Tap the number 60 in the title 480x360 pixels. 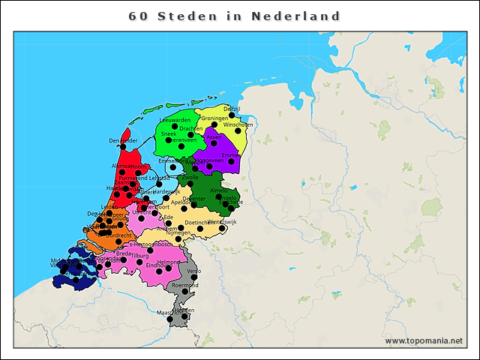point(138,16)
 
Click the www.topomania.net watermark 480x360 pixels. point(423,341)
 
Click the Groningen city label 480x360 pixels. point(214,118)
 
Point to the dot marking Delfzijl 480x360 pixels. point(232,115)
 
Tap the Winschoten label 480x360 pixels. point(238,124)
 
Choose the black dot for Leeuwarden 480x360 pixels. point(175,127)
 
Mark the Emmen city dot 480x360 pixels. point(232,161)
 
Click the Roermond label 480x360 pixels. point(184,286)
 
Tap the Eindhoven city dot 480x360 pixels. point(159,271)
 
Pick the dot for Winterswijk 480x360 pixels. point(220,229)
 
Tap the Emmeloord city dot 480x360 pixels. point(173,168)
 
